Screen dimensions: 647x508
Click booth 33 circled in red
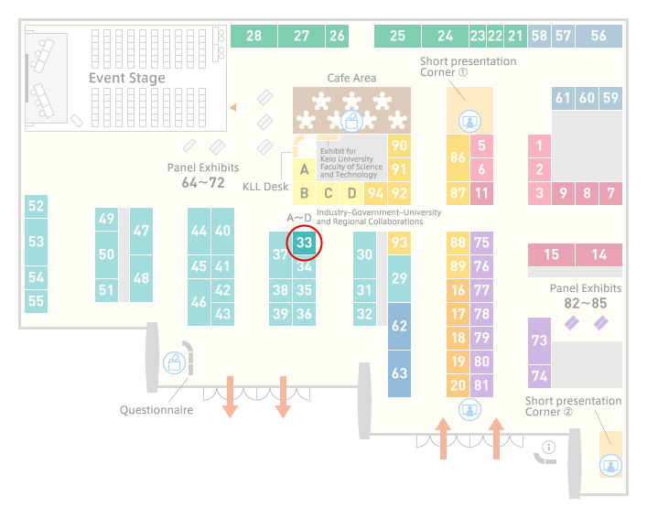tap(304, 243)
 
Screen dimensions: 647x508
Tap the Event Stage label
tap(127, 78)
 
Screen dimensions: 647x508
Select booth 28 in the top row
tap(253, 36)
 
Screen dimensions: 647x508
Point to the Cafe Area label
tap(351, 78)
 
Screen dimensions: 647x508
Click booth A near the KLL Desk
tap(304, 169)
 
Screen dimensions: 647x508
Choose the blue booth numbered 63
tap(399, 373)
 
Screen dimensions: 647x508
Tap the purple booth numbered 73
tap(539, 340)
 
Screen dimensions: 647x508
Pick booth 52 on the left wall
tap(36, 206)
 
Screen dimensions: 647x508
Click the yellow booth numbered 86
tap(458, 157)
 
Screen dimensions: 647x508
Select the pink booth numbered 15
tap(551, 254)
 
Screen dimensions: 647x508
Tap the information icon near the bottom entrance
tap(549, 447)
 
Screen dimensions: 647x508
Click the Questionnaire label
tap(156, 410)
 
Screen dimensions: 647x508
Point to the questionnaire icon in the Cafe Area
tap(351, 122)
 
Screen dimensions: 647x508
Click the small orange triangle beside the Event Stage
tap(233, 108)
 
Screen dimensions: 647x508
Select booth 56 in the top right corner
tap(598, 36)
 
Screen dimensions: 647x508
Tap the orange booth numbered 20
tap(458, 385)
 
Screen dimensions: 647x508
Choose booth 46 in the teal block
tap(199, 302)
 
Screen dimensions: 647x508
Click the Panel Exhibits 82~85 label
tap(586, 296)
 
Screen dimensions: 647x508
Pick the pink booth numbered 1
tap(539, 146)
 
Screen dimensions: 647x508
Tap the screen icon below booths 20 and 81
tap(469, 410)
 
